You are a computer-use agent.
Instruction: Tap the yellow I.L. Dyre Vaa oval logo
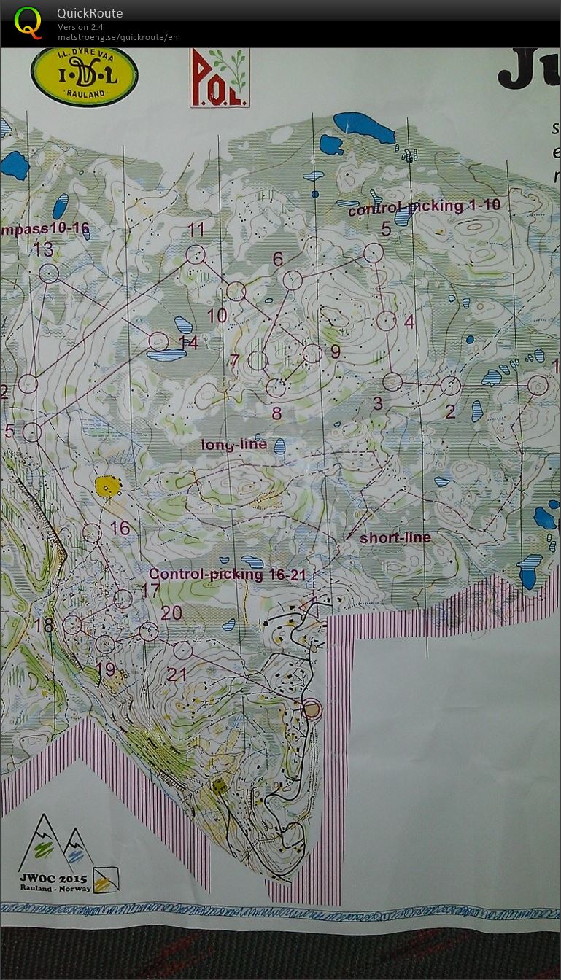pyautogui.click(x=85, y=77)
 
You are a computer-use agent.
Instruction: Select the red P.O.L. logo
pyautogui.click(x=220, y=78)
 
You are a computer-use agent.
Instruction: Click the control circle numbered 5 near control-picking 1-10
pyautogui.click(x=374, y=252)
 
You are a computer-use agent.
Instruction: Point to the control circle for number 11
pyautogui.click(x=195, y=254)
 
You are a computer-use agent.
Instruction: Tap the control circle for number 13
pyautogui.click(x=48, y=273)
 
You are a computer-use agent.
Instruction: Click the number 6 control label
pyautogui.click(x=278, y=259)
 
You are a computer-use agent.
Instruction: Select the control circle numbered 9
pyautogui.click(x=312, y=354)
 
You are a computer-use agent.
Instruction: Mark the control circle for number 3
pyautogui.click(x=392, y=381)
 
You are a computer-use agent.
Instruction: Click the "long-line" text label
pyautogui.click(x=234, y=444)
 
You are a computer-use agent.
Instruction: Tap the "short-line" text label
pyautogui.click(x=395, y=537)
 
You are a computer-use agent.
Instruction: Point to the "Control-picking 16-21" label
pyautogui.click(x=228, y=575)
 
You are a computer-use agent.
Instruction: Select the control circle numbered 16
pyautogui.click(x=92, y=533)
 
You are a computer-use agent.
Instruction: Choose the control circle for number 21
pyautogui.click(x=182, y=650)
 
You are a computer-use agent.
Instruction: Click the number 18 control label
pyautogui.click(x=44, y=626)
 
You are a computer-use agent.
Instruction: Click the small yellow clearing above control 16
pyautogui.click(x=107, y=486)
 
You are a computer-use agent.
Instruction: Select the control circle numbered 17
pyautogui.click(x=123, y=599)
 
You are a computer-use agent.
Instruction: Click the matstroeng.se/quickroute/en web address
pyautogui.click(x=117, y=37)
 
